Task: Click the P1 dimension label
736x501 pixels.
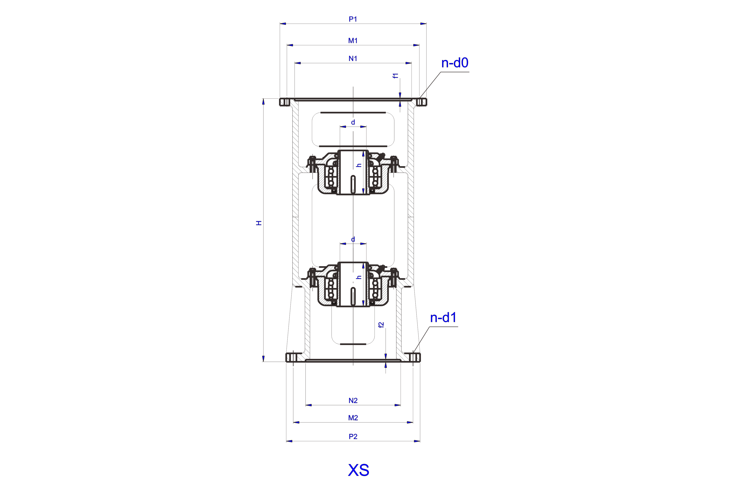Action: point(353,19)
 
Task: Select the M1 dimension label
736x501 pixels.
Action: point(353,41)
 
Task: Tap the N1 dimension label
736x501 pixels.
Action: point(353,59)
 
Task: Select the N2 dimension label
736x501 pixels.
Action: point(353,401)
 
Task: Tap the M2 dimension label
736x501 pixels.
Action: point(353,418)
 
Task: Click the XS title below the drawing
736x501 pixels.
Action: point(359,470)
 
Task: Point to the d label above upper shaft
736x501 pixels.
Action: point(353,122)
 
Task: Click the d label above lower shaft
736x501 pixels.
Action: point(353,239)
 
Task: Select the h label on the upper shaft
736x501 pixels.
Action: point(359,165)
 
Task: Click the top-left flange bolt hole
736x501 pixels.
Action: point(286,102)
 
